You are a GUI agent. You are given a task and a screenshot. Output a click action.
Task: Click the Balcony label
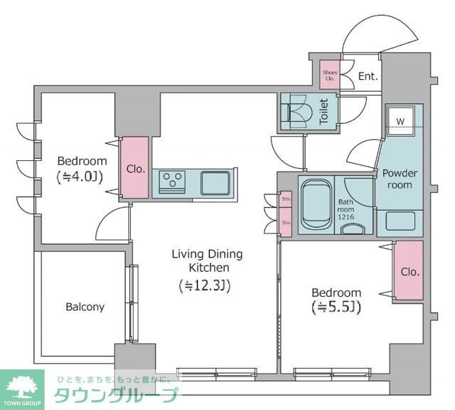click(x=85, y=307)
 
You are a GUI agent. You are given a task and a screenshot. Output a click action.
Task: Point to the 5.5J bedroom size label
click(x=337, y=307)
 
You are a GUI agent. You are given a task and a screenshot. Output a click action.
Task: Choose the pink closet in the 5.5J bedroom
click(x=409, y=272)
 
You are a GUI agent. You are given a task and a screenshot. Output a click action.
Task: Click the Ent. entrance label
click(x=368, y=76)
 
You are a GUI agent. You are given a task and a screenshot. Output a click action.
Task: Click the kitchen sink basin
click(x=215, y=182)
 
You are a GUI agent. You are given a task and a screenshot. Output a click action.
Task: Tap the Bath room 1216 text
click(x=346, y=209)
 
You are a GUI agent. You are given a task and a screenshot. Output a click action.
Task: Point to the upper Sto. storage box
click(x=286, y=200)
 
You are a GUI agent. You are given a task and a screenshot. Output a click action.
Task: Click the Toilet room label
click(x=323, y=112)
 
